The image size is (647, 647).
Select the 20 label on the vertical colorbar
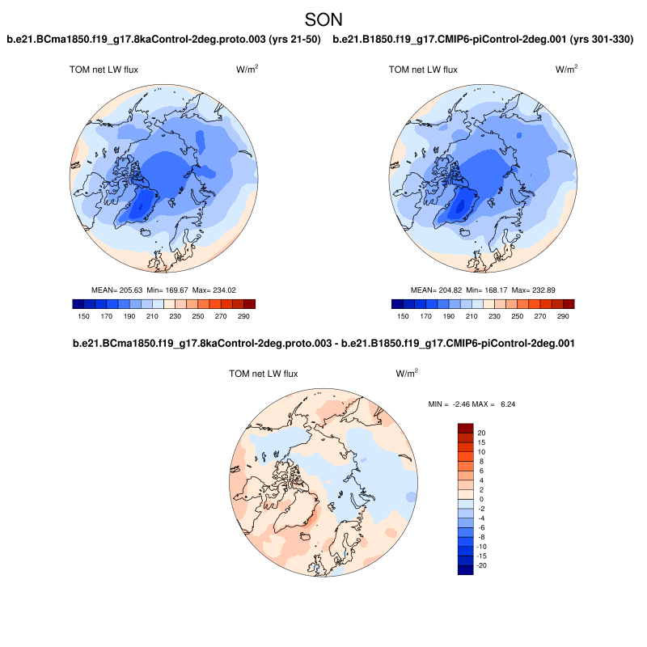[481, 433]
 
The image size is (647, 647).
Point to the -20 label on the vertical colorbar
[483, 565]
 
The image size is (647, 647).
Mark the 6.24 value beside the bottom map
[505, 403]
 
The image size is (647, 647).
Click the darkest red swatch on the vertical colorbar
[465, 428]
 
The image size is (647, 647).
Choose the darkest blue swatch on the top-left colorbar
[78, 304]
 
